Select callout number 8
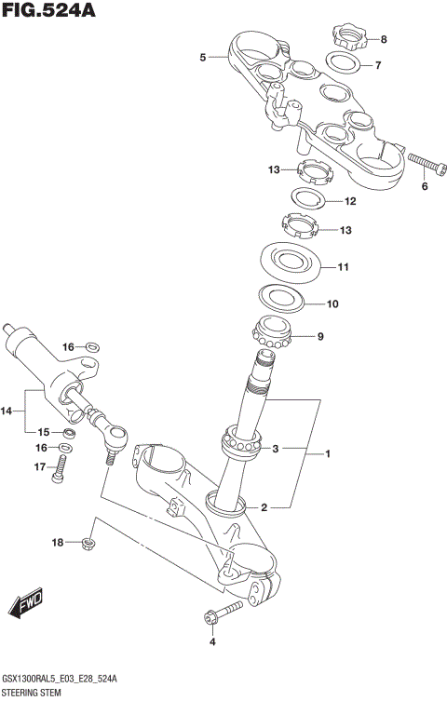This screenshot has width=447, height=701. click(x=383, y=39)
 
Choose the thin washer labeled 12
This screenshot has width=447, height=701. click(x=306, y=199)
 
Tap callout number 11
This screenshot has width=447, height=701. click(x=343, y=267)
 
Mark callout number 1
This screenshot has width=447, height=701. click(x=327, y=453)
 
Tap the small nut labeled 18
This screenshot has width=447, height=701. click(x=88, y=541)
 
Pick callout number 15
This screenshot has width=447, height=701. click(x=43, y=432)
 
